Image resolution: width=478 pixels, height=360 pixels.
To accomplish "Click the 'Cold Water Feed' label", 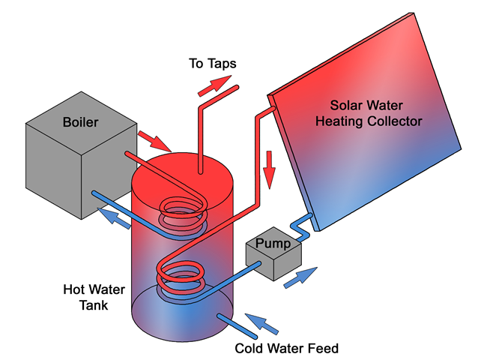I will tap(287, 348).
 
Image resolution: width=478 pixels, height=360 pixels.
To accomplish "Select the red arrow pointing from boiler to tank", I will tap(155, 140).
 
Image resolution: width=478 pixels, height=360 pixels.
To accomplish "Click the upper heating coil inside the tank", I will tap(179, 214).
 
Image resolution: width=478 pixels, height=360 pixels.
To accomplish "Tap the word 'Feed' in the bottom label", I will tap(325, 348).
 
